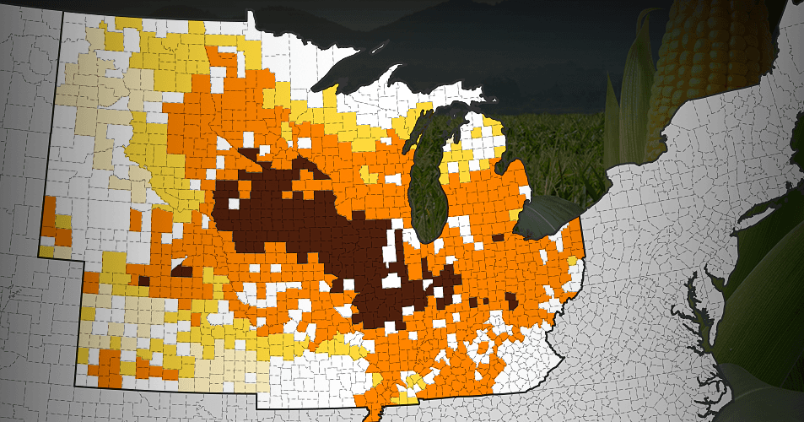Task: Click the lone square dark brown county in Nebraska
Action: (x=143, y=281)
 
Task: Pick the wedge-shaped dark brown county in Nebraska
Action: (x=182, y=270)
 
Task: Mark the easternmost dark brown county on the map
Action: (x=512, y=300)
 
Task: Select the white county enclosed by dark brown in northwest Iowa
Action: (x=233, y=204)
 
